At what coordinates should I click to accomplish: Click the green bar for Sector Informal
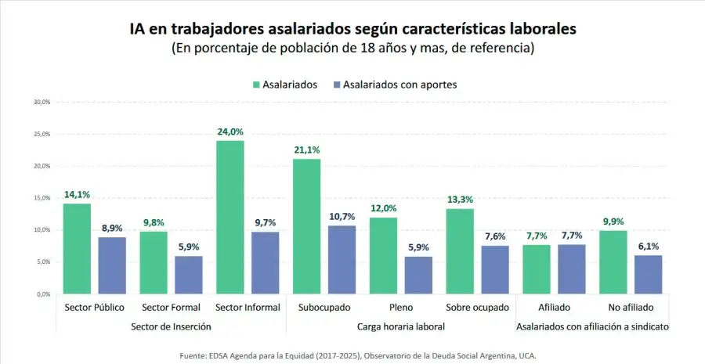[230, 217]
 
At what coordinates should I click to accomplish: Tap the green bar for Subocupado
[306, 226]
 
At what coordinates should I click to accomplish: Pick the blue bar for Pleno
[419, 275]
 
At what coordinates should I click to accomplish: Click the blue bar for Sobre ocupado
[496, 269]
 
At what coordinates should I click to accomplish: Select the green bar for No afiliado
[613, 262]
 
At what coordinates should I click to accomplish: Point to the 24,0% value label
[230, 132]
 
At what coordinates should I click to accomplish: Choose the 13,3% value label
[460, 200]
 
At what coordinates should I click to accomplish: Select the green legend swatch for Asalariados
[257, 85]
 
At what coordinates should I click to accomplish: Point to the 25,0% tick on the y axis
[42, 134]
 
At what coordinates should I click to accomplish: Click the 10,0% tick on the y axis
[42, 230]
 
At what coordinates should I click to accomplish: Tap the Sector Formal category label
[170, 308]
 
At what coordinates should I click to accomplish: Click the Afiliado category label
[555, 308]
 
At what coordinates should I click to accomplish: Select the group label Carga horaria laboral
[401, 326]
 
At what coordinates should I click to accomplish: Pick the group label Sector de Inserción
[170, 326]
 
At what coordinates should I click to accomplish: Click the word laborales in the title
[540, 29]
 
